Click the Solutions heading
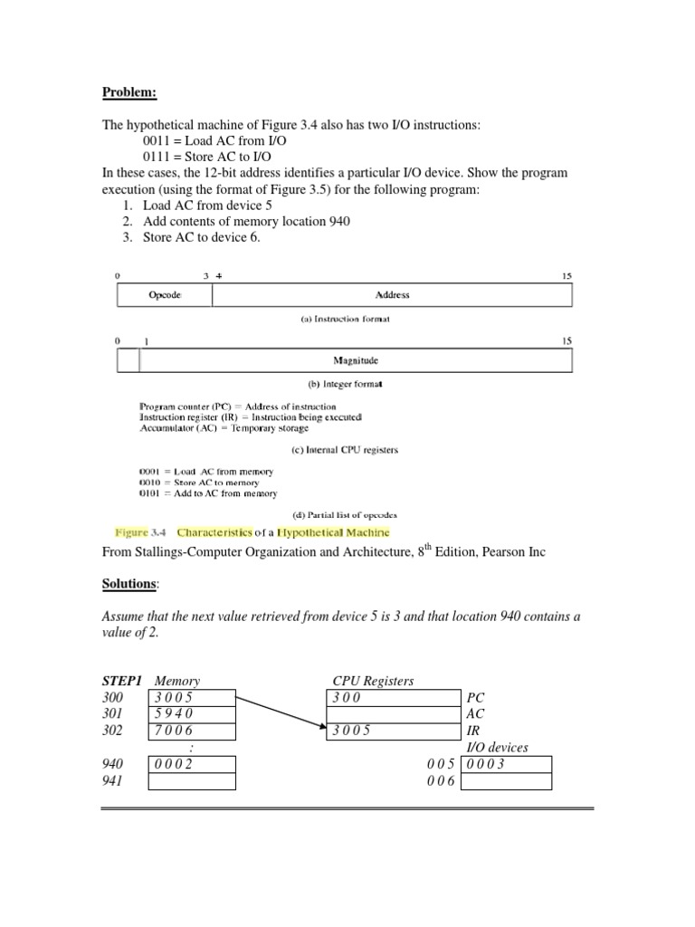coord(129,583)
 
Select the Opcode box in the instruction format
coord(165,295)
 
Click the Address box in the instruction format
coord(392,295)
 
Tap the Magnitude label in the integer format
coord(355,360)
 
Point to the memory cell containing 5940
coord(191,714)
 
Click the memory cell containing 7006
coord(191,731)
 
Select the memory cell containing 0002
coord(191,765)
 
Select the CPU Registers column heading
coord(373,681)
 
